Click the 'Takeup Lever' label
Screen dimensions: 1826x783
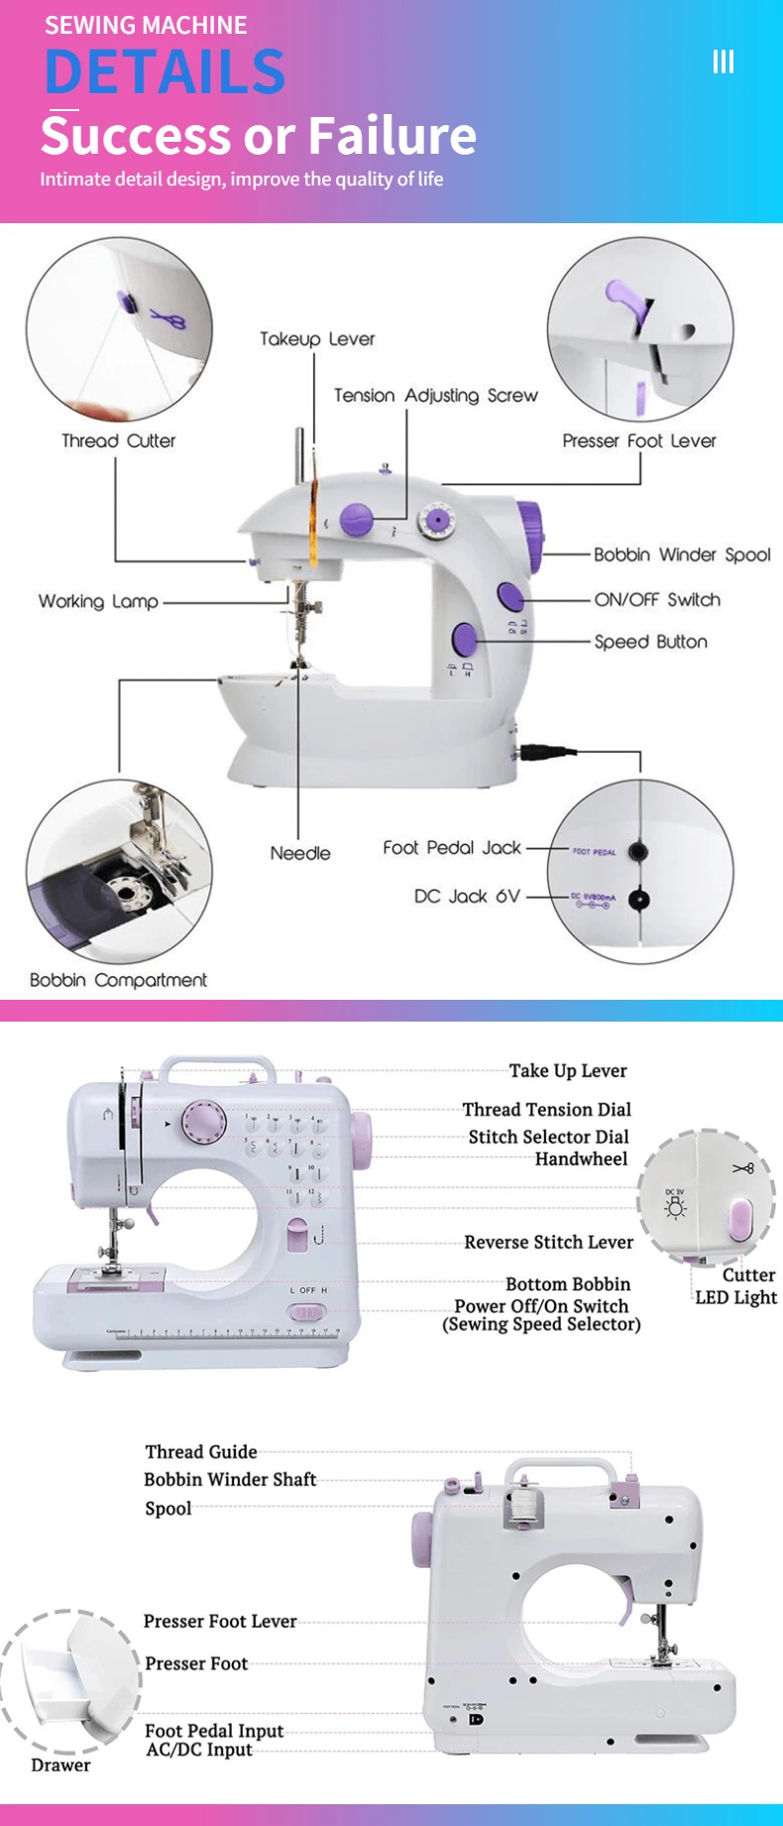point(317,339)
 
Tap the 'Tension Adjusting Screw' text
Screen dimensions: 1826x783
point(435,396)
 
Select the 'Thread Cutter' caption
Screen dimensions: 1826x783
point(118,440)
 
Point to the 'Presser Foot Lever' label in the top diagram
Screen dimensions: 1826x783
point(638,440)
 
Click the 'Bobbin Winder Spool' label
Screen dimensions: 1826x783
point(682,554)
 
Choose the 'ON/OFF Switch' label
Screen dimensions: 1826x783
point(657,599)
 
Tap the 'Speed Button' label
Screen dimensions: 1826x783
point(650,642)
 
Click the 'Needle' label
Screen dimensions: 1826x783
point(300,853)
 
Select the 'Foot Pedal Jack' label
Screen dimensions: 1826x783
point(452,847)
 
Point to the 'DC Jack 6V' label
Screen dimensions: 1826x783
point(467,896)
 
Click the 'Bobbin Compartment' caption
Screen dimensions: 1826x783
point(118,980)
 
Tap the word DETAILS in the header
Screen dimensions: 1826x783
point(166,71)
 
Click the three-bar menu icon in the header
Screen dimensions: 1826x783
point(724,62)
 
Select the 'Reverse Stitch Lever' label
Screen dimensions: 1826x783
point(548,1242)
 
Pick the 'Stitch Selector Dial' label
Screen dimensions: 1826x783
point(548,1137)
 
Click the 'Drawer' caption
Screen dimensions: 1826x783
point(60,1765)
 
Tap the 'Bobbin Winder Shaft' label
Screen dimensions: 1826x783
point(230,1479)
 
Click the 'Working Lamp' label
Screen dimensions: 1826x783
point(98,601)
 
